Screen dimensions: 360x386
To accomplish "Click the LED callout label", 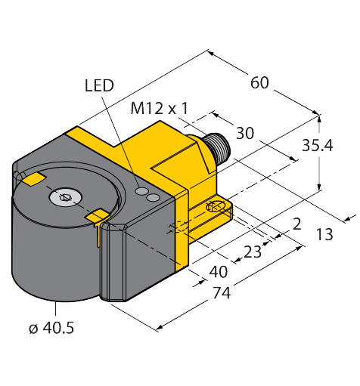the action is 99,85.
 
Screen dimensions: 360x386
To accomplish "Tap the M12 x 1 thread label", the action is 160,109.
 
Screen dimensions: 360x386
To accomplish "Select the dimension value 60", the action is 259,82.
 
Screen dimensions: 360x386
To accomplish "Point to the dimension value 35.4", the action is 318,146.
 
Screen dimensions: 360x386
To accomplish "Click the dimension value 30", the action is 245,133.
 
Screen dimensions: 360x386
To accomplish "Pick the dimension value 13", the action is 324,234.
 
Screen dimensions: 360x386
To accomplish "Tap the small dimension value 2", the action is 297,224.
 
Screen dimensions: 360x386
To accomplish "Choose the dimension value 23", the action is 253,252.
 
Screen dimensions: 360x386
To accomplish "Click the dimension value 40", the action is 219,272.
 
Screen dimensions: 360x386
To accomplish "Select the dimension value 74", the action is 222,293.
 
